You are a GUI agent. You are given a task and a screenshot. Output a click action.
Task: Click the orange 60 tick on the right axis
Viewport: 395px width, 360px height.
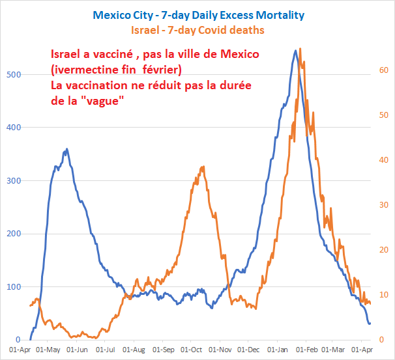point(384,71)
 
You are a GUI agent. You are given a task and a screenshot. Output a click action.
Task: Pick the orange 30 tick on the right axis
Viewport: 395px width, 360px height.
point(384,205)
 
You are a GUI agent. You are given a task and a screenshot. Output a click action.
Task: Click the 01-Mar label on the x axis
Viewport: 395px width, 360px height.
point(332,349)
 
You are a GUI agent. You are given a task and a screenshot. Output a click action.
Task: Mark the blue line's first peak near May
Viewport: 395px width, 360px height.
point(66,149)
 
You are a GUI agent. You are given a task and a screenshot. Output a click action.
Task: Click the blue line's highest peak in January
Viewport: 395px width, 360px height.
point(295,50)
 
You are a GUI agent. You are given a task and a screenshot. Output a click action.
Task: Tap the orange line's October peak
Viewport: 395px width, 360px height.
point(203,167)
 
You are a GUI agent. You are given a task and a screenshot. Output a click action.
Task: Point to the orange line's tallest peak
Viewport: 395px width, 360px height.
point(299,49)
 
